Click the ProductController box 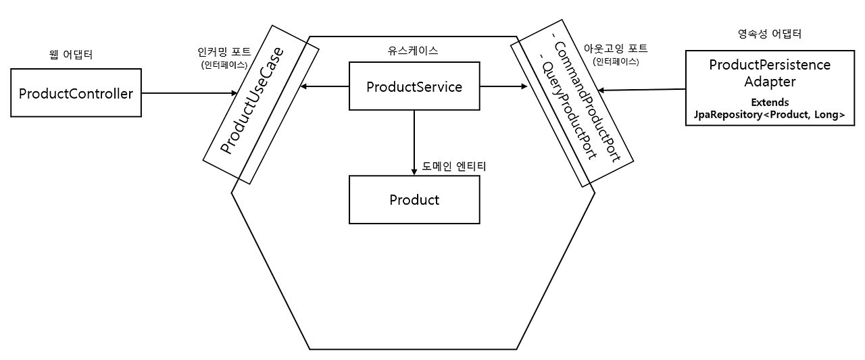(x=76, y=92)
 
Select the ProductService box (x=414, y=86)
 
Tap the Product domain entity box (x=414, y=200)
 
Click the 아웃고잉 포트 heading (x=619, y=49)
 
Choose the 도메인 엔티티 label (x=454, y=166)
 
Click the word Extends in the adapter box (x=769, y=103)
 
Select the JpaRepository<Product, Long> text (x=769, y=115)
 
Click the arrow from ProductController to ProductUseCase (x=189, y=93)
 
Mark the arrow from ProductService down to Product (x=414, y=142)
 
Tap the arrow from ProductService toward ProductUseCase (x=324, y=86)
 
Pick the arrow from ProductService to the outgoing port (x=503, y=86)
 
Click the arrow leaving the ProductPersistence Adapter (x=642, y=90)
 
